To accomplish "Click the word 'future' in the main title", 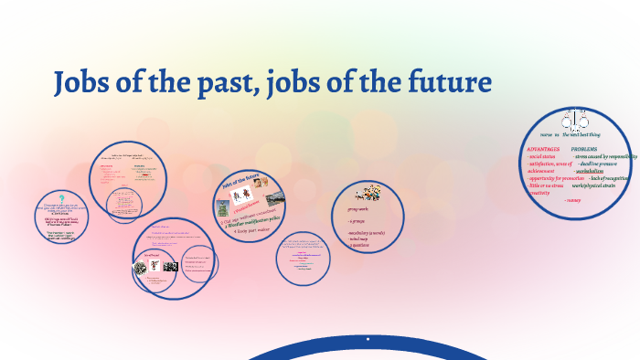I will coord(447,84).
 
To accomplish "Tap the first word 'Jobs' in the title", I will coord(84,84).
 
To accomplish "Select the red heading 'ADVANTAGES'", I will coord(542,148).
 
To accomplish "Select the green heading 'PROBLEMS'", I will coord(584,148).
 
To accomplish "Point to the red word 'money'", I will coord(575,200).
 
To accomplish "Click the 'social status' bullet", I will coord(542,156).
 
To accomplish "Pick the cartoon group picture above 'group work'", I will coord(368,194).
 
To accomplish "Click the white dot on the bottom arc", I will coord(368,339).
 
